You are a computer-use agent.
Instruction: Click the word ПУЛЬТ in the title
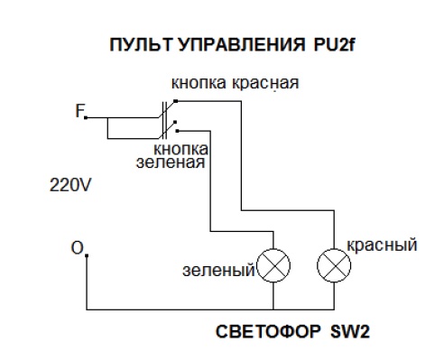point(141,45)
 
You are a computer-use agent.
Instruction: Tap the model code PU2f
point(334,45)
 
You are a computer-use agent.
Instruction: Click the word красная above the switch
point(265,83)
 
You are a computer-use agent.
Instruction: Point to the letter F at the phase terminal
point(79,110)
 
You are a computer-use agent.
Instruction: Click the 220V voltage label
point(70,185)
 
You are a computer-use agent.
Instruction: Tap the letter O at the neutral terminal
point(77,248)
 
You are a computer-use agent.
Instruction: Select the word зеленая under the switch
point(171,162)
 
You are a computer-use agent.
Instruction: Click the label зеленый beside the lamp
point(218,271)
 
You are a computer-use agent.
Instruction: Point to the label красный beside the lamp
point(383,245)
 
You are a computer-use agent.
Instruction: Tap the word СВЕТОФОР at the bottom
point(268,332)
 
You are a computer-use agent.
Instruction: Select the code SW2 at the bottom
point(350,332)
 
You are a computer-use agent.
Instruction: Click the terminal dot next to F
point(86,117)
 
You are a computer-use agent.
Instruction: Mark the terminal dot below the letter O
point(87,255)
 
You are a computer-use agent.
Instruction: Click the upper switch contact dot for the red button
point(176,101)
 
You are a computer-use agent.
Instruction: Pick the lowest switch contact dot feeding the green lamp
point(178,131)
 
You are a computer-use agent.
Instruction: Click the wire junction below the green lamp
point(273,309)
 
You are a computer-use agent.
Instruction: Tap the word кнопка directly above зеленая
point(180,149)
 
